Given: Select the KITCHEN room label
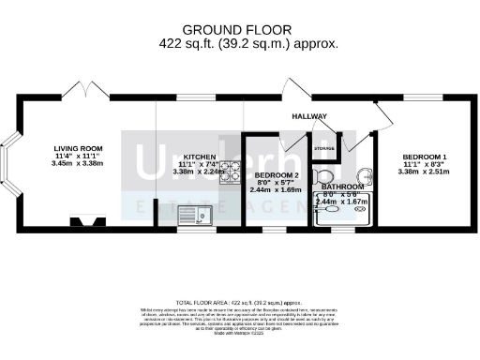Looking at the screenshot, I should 199,157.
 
